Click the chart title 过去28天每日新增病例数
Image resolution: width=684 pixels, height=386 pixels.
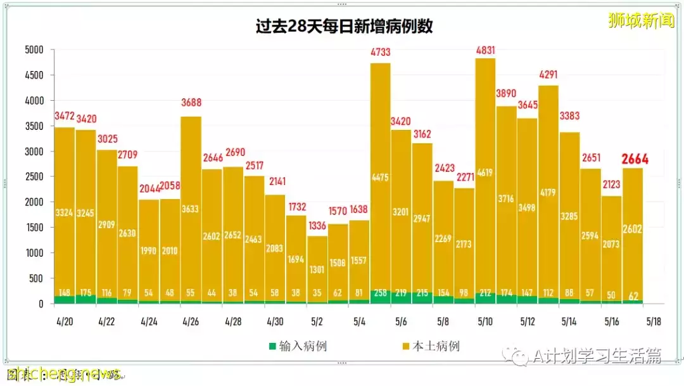pos(344,27)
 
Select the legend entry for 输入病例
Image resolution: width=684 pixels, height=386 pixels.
pos(298,346)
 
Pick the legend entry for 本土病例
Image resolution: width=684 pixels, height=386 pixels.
pos(430,346)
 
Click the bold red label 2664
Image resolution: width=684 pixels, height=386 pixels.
pos(634,159)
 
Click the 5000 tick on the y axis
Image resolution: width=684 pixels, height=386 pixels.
pos(33,49)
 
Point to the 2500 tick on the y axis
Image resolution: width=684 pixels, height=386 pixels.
pos(33,177)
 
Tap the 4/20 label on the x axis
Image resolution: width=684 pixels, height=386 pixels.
pos(64,322)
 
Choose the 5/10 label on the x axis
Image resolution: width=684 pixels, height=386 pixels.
pos(485,322)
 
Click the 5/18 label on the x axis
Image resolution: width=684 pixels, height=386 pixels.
pos(654,322)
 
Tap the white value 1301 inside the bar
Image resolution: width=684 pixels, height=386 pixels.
pos(317,269)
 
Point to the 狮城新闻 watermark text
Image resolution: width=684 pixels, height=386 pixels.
pos(641,21)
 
